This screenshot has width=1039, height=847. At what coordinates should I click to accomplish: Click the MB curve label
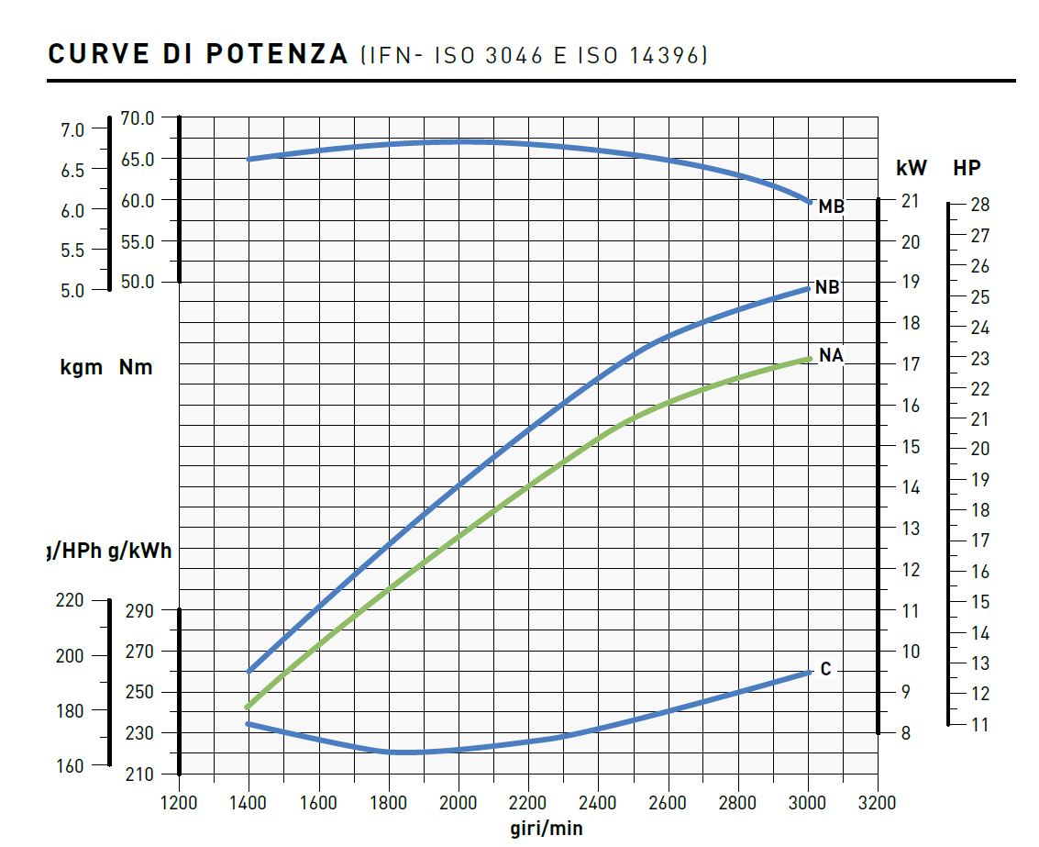click(x=831, y=207)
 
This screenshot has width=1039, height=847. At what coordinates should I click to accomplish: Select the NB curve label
click(x=827, y=288)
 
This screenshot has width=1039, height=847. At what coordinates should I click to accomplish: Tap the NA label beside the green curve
click(x=831, y=355)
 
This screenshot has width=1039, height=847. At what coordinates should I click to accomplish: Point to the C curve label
click(x=825, y=670)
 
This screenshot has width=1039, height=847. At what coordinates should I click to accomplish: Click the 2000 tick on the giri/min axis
click(x=459, y=803)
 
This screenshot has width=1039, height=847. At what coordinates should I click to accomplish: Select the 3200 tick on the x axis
click(x=877, y=803)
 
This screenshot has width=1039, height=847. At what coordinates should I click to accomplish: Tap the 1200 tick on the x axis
click(x=179, y=803)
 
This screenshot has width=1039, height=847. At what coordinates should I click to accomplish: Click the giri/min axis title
click(x=547, y=829)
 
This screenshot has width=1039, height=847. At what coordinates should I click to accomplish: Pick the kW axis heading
click(x=912, y=168)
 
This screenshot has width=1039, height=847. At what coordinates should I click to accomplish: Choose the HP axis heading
click(x=967, y=168)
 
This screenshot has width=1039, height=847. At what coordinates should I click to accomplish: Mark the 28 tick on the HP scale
click(x=979, y=205)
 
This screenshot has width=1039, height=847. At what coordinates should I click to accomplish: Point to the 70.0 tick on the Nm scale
click(x=138, y=118)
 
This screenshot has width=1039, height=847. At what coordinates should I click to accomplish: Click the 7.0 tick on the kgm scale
click(x=72, y=130)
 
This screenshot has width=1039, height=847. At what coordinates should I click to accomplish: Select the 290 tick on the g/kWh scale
click(x=138, y=610)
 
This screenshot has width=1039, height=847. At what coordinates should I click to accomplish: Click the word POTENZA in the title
click(x=276, y=55)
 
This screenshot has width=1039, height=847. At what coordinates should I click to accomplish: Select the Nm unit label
click(x=136, y=368)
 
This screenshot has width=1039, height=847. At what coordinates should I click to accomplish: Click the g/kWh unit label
click(x=139, y=552)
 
